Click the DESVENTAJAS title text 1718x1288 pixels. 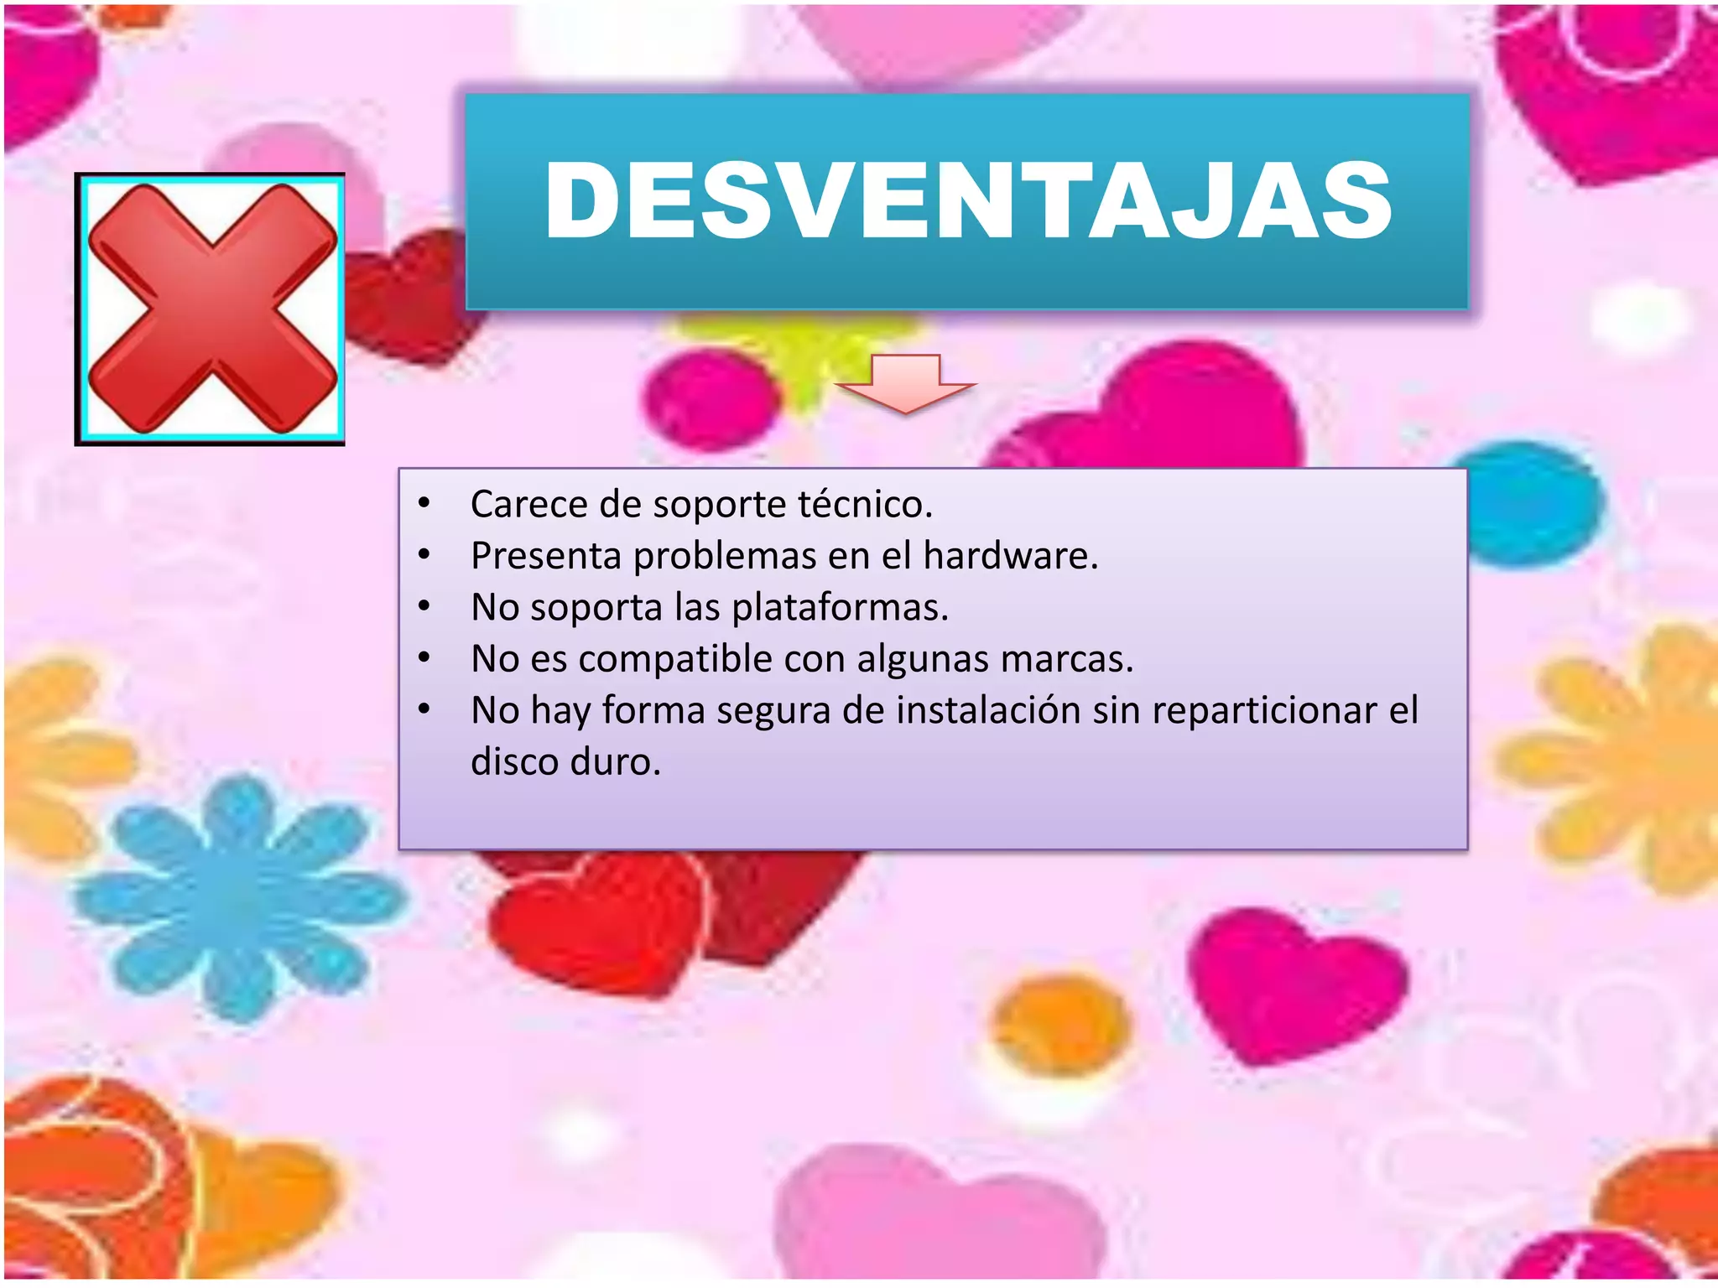pos(968,201)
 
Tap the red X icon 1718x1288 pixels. pos(211,309)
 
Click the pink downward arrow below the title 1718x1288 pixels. pos(906,384)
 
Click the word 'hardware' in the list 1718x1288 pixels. pos(1010,556)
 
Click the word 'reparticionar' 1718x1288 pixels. pos(1265,711)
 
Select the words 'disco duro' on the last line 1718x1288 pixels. pos(565,762)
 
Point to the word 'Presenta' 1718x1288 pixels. pos(546,556)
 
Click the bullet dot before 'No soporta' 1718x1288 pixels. pos(424,605)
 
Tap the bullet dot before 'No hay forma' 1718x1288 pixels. pos(424,709)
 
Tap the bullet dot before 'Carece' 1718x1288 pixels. pos(424,503)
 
